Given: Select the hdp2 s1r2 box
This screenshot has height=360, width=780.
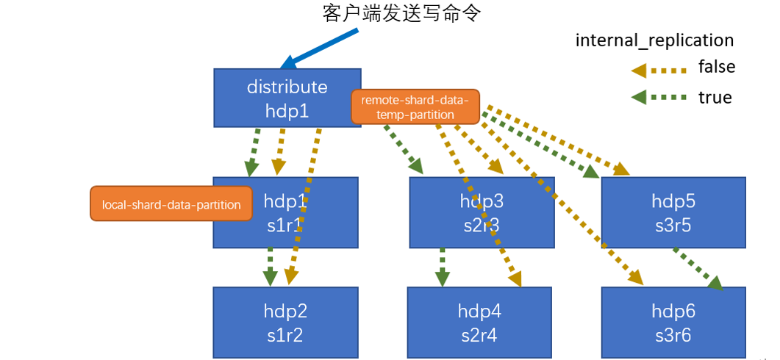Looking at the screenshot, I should coord(285,323).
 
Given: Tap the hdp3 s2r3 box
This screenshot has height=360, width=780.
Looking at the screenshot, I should coord(481,213).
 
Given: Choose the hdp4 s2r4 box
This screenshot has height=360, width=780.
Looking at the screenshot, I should coord(479,323).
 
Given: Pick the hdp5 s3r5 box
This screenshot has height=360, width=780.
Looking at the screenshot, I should coord(673,213).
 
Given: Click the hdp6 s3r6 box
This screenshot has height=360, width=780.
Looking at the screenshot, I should coord(674,323).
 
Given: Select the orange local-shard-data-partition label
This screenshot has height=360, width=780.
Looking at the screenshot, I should coord(171,204).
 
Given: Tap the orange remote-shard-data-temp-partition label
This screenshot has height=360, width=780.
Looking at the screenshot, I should coord(415,107).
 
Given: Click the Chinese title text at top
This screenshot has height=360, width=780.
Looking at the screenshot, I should coord(401,14).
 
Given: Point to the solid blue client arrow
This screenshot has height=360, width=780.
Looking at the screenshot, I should coord(322,47).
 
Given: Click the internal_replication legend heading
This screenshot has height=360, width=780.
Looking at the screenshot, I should coord(654,40).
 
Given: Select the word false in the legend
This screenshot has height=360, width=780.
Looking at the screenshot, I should coord(716,67).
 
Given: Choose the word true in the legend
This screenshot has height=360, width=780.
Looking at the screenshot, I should coord(715,97).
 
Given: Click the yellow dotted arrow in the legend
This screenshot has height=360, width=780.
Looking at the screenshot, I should coord(659,70).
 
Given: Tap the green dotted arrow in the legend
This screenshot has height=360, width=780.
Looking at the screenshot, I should coord(659,97).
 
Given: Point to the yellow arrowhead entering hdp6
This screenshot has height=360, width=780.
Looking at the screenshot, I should coord(634,277).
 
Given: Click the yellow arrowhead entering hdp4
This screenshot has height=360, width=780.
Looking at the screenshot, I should coord(514,278).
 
